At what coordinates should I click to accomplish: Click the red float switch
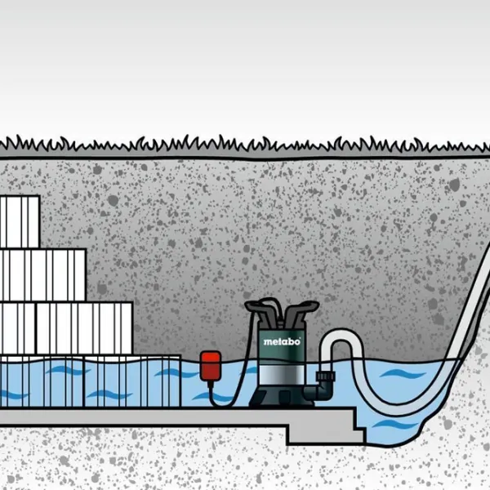211,365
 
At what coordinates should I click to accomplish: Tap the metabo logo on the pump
282,340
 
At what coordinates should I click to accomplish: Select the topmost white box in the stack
18,221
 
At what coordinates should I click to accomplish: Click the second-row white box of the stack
41,274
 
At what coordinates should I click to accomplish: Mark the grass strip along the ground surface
245,147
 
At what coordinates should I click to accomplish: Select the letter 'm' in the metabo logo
266,340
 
